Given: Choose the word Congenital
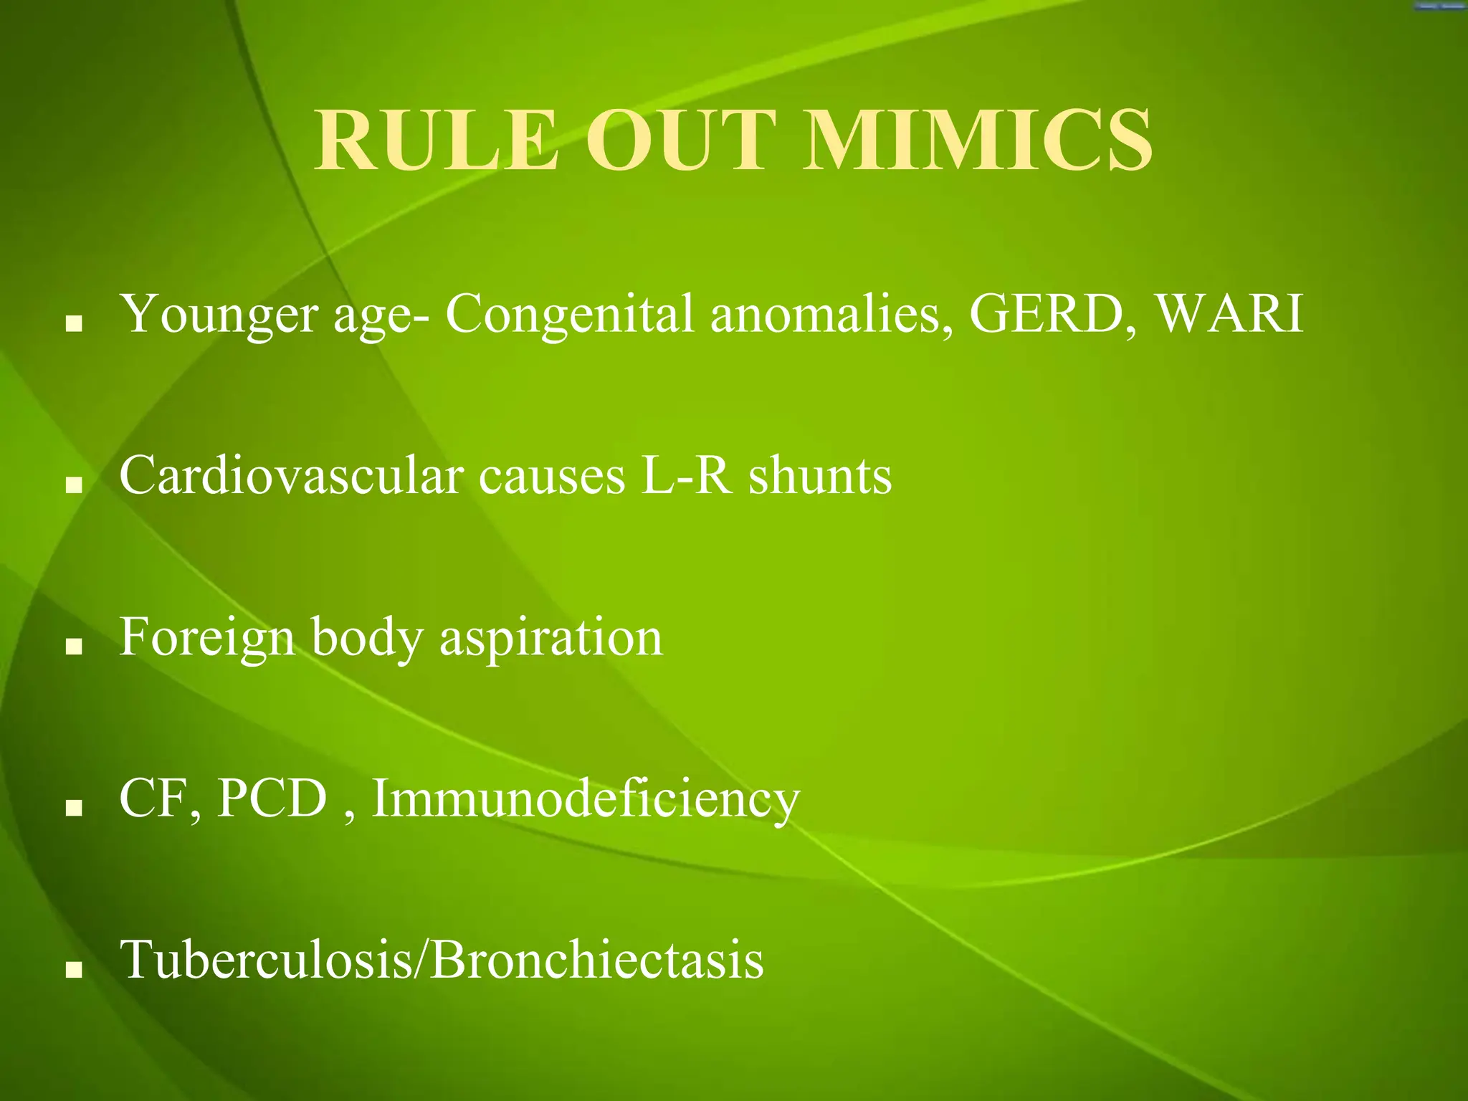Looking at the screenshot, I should click(570, 315).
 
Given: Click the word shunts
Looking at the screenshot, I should click(820, 476).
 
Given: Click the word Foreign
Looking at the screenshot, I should click(207, 638).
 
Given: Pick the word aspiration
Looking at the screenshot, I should click(551, 638).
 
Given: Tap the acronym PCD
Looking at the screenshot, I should click(272, 799).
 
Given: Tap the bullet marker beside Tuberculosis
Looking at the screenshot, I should click(73, 970).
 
